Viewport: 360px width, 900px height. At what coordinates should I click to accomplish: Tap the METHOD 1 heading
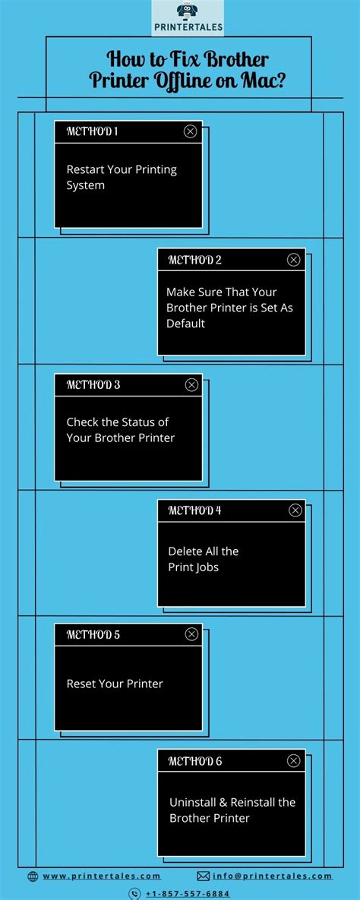pos(92,131)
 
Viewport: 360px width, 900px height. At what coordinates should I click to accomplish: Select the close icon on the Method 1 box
pos(190,131)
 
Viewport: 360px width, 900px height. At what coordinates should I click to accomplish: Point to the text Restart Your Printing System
pos(121,177)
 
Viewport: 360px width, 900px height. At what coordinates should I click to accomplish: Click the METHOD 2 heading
pos(194,260)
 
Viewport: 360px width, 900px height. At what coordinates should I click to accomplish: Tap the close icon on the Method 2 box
pos(293,260)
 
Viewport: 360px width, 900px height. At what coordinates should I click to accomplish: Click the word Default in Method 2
pos(186,324)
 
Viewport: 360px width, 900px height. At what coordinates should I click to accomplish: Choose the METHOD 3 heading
pos(93,384)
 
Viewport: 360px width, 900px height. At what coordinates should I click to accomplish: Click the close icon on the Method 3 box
pos(191,385)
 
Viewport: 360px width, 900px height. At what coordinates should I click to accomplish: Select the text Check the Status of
pos(117,422)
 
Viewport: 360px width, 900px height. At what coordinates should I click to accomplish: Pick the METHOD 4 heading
pos(194,510)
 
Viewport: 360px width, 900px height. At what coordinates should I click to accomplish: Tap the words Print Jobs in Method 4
pos(193,567)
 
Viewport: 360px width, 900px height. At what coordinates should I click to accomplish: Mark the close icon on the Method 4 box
pos(295,510)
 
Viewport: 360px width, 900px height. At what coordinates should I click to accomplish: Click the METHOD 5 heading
pos(93,634)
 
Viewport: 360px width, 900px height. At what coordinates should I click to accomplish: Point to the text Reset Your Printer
pos(115,684)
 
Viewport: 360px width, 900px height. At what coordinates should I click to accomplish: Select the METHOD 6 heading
pos(195,761)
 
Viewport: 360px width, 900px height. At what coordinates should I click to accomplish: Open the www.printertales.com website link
pos(101,876)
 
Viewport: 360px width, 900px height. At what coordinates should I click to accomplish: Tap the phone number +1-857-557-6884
pos(187,894)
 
